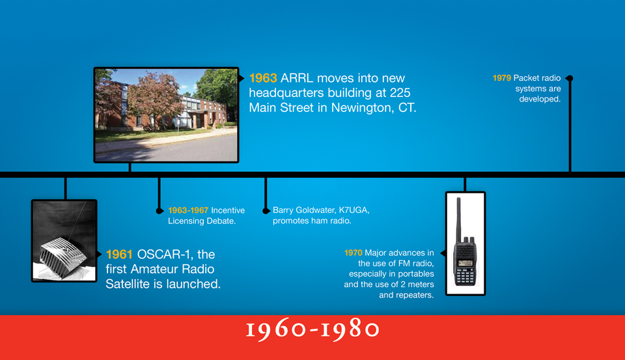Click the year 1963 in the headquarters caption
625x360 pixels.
point(263,78)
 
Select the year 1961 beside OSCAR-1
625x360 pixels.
point(119,255)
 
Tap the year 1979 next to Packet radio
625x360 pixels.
point(502,77)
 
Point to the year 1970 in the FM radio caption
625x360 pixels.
point(353,253)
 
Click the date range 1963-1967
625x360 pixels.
point(188,210)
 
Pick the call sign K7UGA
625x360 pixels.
point(354,210)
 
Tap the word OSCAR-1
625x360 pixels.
point(165,255)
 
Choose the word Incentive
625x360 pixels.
point(228,210)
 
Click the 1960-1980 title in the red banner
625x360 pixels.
point(312,330)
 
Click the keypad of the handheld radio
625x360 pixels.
point(465,275)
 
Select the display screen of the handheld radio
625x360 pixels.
point(465,263)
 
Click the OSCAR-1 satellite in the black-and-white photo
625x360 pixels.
point(63,257)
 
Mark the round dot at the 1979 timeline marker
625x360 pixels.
point(570,78)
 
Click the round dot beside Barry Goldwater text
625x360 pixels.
point(266,211)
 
